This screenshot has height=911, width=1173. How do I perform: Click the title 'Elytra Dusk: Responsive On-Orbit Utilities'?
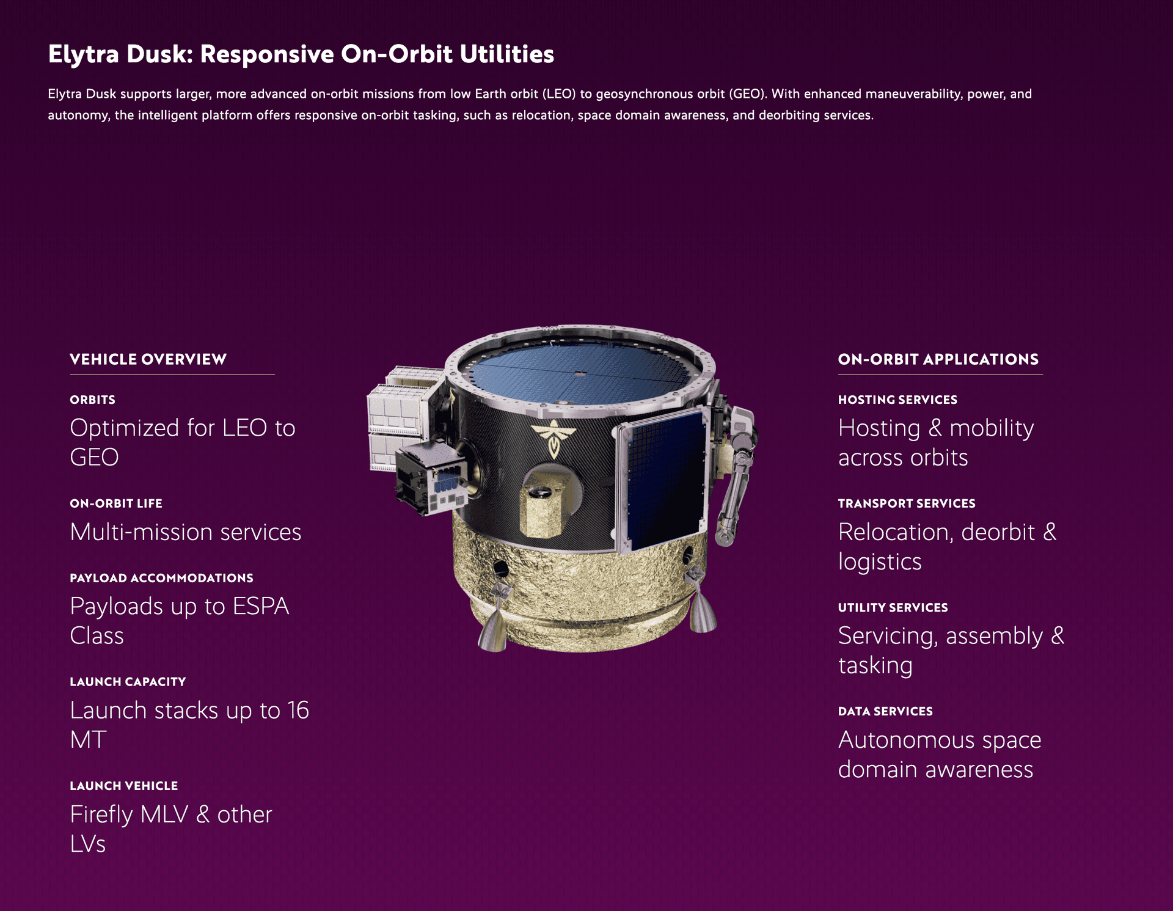(301, 54)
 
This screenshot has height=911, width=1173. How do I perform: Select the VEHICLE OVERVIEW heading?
(148, 359)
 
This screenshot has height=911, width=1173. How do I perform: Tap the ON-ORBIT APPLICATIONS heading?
(938, 359)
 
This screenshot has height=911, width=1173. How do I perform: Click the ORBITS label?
(93, 400)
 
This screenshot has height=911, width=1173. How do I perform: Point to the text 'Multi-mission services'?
(186, 532)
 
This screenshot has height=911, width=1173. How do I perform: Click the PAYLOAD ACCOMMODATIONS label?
(161, 578)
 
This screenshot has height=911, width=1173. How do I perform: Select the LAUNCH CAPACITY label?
(128, 682)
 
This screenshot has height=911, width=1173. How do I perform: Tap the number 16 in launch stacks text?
(298, 711)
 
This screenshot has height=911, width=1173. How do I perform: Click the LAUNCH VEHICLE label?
(124, 786)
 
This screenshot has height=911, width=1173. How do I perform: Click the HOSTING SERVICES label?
(897, 400)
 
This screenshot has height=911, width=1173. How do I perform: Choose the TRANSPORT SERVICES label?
(907, 503)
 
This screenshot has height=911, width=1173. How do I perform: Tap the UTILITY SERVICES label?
(893, 607)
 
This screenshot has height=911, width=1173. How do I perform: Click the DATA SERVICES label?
(885, 711)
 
